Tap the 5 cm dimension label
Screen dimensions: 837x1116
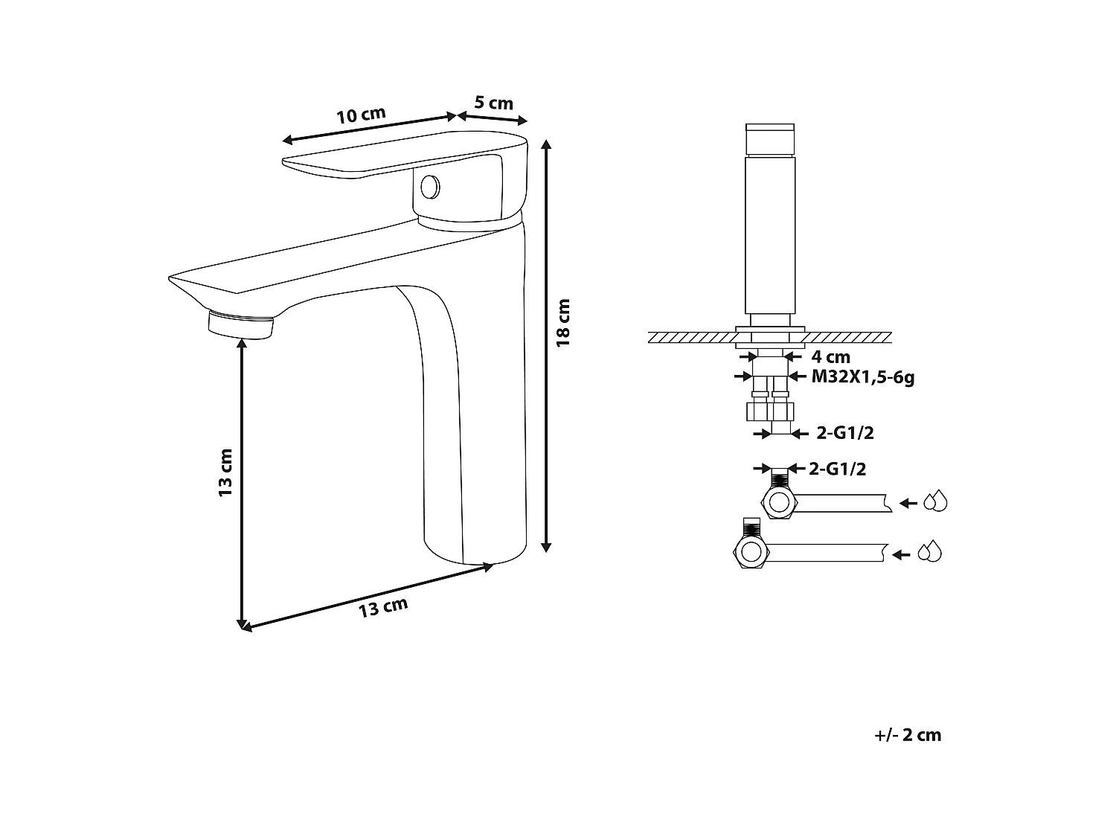[x=494, y=103]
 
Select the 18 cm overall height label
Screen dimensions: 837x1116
[x=563, y=322]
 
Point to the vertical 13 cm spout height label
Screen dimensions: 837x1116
[x=226, y=472]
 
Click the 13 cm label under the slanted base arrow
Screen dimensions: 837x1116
[x=383, y=607]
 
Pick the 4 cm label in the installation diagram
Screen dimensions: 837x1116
[x=831, y=356]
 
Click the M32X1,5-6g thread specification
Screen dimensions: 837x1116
[x=862, y=376]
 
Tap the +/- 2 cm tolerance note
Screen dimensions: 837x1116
[x=908, y=735]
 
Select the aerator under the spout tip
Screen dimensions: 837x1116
[x=241, y=326]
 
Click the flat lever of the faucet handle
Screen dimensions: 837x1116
[x=350, y=164]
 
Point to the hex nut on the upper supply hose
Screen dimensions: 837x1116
[x=780, y=502]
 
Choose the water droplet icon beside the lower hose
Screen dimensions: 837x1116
[x=930, y=552]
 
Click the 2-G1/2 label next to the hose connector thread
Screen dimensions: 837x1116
[x=838, y=469]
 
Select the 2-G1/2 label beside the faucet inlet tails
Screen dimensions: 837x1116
[x=844, y=433]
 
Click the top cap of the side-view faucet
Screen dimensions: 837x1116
[x=772, y=139]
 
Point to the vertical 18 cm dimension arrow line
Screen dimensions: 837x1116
[x=547, y=346]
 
